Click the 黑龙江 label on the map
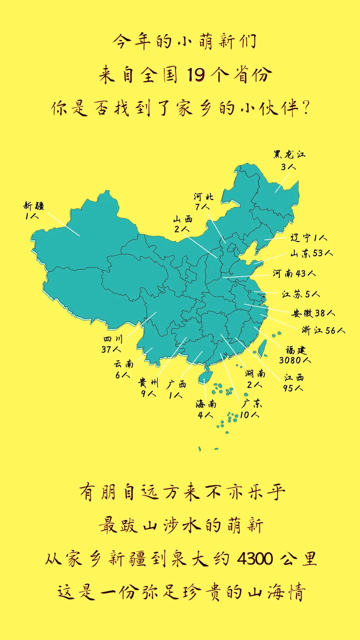289,155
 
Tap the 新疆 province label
34,206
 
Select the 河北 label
203,197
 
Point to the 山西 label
183,219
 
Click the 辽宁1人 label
309,238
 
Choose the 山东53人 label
311,253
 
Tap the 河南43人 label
294,274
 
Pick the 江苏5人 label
301,294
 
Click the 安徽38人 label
313,313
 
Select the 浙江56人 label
323,330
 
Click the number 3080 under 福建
290,360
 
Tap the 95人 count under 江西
293,388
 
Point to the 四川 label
113,339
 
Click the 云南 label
124,364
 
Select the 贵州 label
148,382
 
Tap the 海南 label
206,404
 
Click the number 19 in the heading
196,75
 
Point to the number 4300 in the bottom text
255,559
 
